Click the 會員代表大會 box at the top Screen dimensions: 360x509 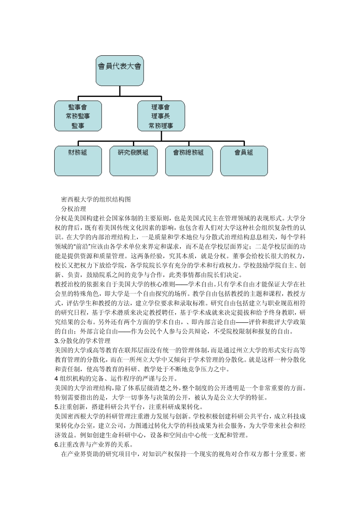[120, 70]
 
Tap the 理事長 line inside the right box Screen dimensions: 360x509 [161, 116]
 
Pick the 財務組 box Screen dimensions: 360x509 [78, 161]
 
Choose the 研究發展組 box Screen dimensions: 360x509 [133, 161]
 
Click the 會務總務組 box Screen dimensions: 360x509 [189, 161]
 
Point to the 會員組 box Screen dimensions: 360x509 [244, 161]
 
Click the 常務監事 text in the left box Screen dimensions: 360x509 [78, 116]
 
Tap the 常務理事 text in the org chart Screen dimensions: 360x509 [161, 125]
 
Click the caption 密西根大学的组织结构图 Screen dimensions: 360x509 [96, 200]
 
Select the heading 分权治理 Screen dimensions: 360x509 [74, 209]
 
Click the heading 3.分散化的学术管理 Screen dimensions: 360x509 [83, 341]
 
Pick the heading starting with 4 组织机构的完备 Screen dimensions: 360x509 [116, 378]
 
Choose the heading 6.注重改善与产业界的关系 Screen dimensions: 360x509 [94, 445]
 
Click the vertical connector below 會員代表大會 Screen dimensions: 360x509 [120, 91]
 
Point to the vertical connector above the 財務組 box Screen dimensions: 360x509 [78, 144]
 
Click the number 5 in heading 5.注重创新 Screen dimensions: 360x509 [56, 407]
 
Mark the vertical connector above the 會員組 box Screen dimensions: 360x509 [244, 144]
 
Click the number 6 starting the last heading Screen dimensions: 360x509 [56, 445]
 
